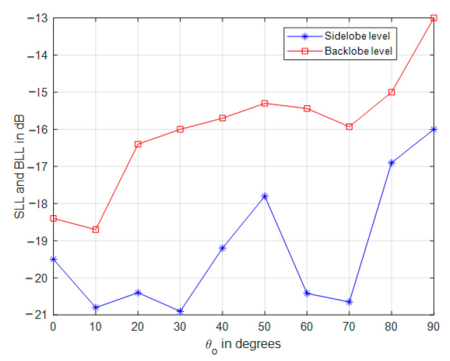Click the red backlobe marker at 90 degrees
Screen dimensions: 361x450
(434, 18)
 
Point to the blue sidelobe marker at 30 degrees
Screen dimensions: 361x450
(180, 311)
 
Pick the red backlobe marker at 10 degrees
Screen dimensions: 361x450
(96, 229)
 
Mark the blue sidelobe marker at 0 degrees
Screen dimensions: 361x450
(54, 259)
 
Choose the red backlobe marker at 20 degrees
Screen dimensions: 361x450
(138, 144)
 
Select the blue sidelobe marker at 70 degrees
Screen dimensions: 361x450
(349, 302)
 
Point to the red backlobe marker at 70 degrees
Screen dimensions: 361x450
(349, 127)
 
